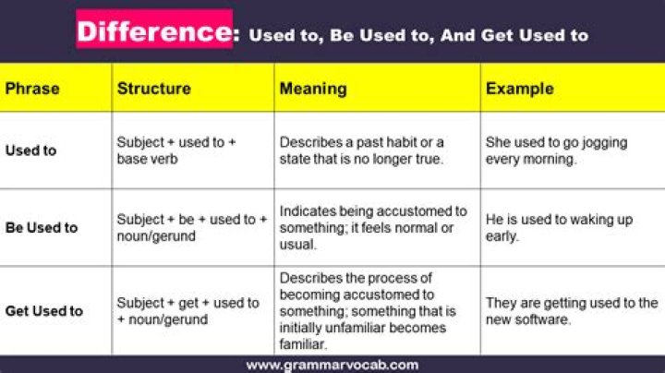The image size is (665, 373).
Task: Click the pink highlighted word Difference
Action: click(x=154, y=31)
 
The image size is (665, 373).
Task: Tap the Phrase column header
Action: click(x=32, y=89)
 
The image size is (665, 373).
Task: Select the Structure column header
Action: click(x=154, y=89)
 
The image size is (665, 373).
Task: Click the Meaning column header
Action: click(x=313, y=89)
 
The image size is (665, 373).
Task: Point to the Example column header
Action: click(x=520, y=89)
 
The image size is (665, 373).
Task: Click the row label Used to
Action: click(x=31, y=150)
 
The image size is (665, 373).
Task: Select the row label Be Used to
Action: click(x=42, y=228)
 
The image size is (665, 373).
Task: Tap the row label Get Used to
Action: click(x=44, y=311)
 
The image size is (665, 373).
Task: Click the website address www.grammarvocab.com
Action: click(x=332, y=366)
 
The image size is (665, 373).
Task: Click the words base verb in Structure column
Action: click(x=147, y=159)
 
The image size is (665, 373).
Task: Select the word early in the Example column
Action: click(x=502, y=236)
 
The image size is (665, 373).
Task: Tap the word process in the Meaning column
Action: click(x=388, y=278)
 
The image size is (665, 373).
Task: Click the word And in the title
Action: click(x=458, y=35)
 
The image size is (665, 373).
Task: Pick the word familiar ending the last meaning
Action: click(x=302, y=344)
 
